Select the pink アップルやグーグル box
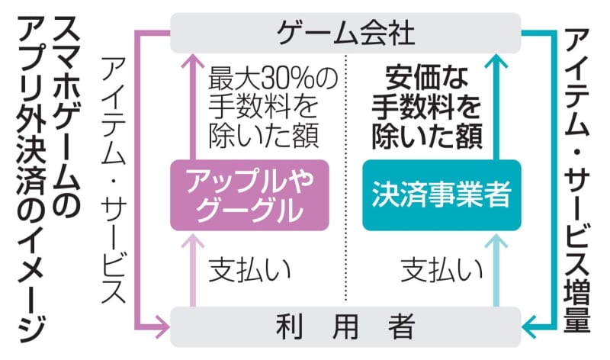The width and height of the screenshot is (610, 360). pos(250,195)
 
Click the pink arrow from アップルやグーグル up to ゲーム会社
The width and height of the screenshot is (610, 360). pos(190,107)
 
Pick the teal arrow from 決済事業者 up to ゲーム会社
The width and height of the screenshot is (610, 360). pos(500,107)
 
